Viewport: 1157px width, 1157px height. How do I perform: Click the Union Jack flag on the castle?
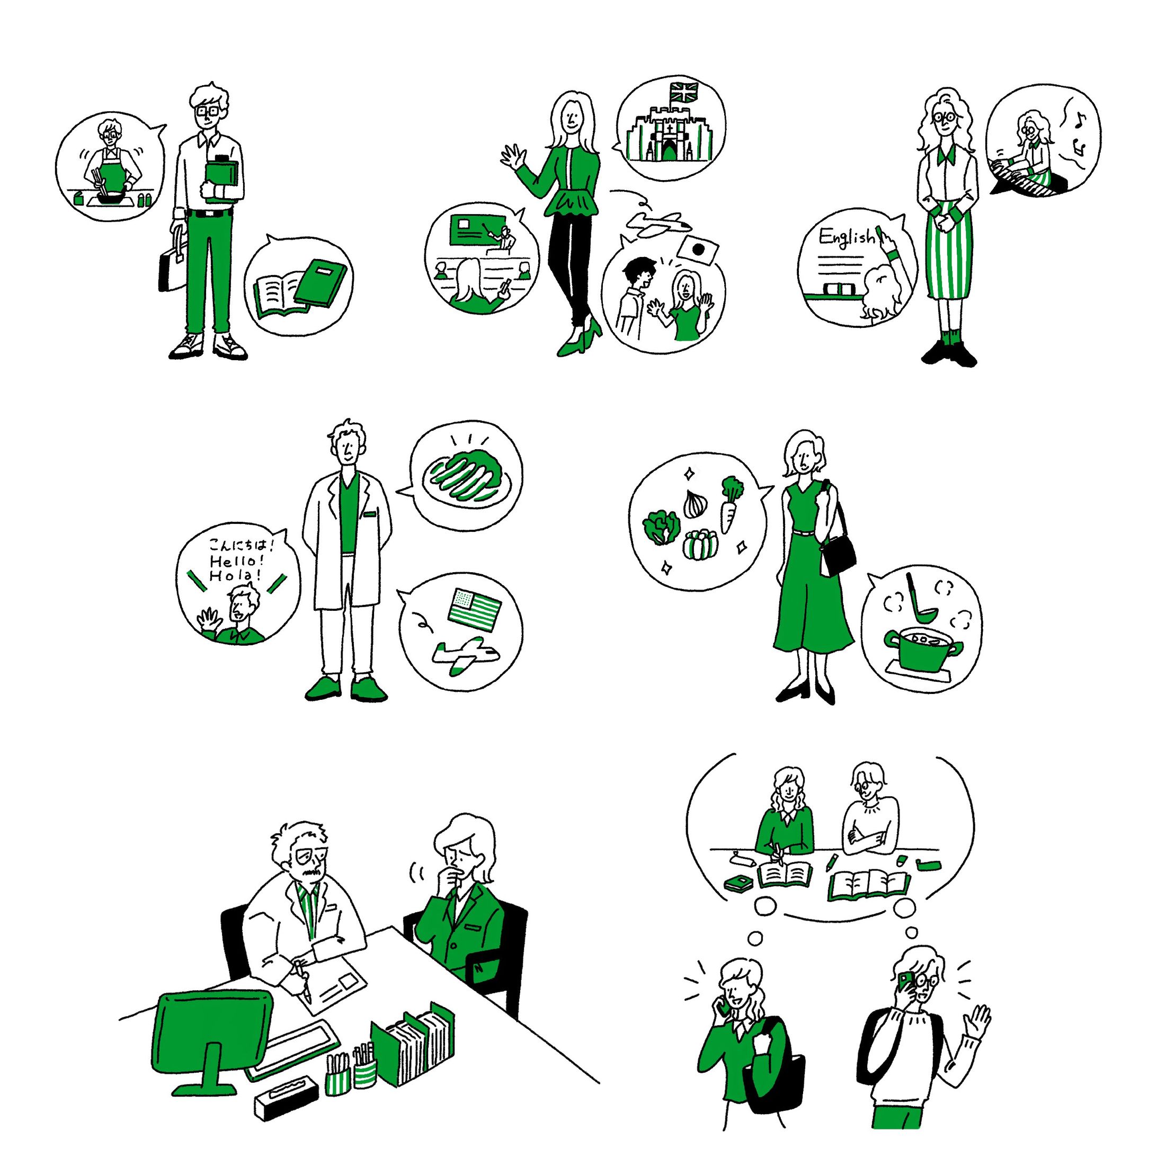click(684, 92)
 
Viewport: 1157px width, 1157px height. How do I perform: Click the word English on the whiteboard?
click(846, 237)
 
